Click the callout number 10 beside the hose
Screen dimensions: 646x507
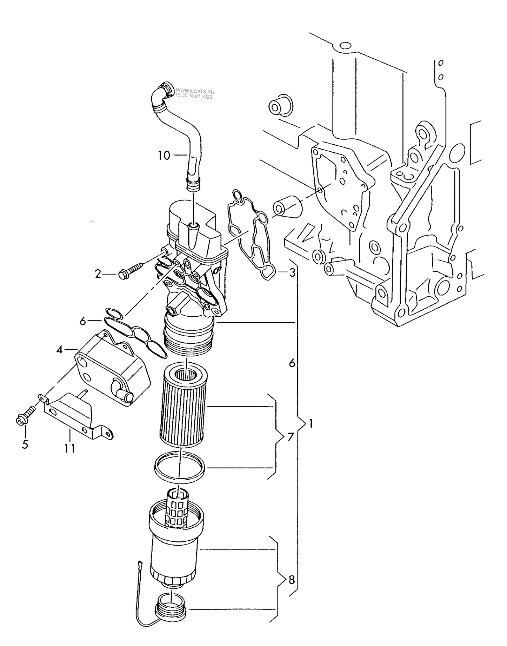tap(164, 155)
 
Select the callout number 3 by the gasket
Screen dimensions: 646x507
tap(292, 272)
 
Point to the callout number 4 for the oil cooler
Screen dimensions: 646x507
tap(60, 350)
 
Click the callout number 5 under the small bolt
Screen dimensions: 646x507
tap(25, 444)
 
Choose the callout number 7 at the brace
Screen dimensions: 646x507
tap(291, 437)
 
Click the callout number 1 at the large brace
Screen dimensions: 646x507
tap(310, 423)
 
